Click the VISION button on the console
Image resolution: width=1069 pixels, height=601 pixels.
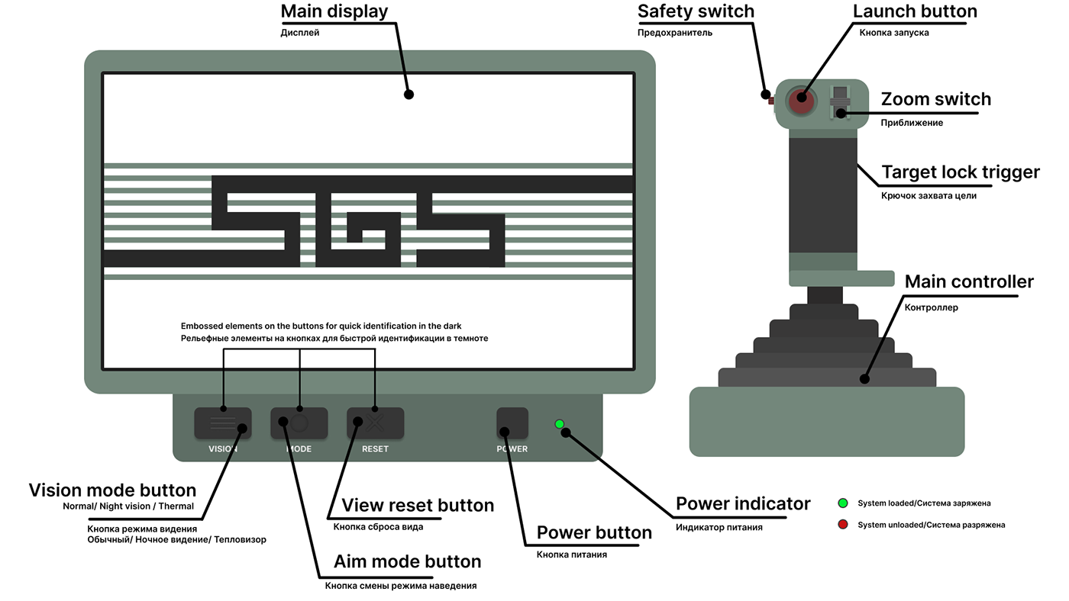(222, 423)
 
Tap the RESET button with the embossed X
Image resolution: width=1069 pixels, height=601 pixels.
(375, 423)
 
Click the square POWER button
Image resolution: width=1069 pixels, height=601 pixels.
(512, 423)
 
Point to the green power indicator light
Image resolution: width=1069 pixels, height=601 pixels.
(560, 424)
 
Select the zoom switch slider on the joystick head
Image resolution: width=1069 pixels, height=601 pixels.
(840, 102)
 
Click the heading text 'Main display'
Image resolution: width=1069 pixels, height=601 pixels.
(334, 12)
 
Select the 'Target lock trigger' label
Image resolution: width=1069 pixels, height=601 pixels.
(960, 172)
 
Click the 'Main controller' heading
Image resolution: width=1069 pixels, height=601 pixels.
(969, 281)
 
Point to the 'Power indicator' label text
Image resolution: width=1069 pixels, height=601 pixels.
(743, 504)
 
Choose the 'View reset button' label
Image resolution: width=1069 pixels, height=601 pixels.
(418, 506)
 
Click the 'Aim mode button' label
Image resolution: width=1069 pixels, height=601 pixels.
(408, 562)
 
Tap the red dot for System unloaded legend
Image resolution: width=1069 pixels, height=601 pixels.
(843, 525)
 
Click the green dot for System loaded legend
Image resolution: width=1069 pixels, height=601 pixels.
(843, 503)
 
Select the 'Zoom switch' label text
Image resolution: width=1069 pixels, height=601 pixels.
(935, 99)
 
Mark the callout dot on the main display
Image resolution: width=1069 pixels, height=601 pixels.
(409, 95)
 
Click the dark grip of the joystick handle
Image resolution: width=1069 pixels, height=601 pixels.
(822, 194)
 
